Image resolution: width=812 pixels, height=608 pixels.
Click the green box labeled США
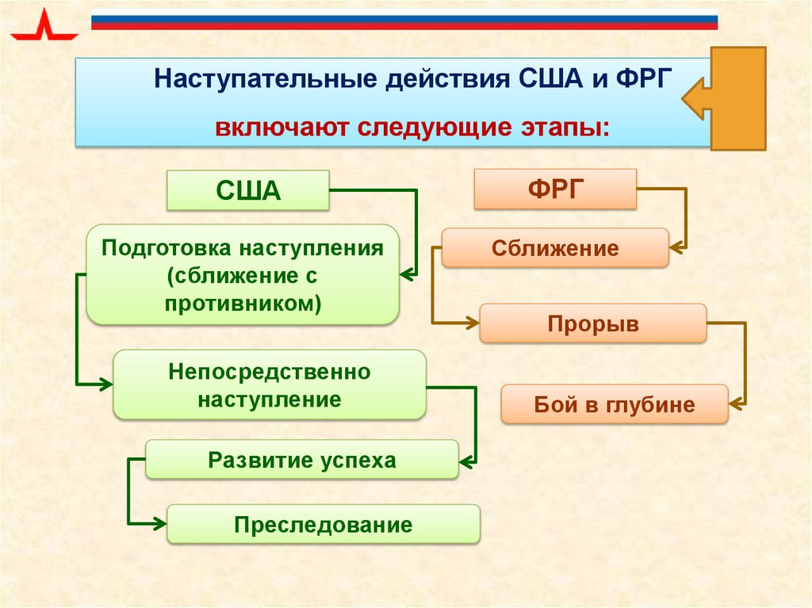(248, 190)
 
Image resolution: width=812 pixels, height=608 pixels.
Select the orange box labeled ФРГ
(555, 189)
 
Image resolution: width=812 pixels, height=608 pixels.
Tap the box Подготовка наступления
(243, 274)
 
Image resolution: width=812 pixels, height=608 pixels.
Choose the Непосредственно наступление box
(270, 384)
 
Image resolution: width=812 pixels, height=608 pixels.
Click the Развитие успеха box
(301, 460)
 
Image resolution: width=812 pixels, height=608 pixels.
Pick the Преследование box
(323, 524)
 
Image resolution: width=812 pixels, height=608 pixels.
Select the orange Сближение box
(554, 248)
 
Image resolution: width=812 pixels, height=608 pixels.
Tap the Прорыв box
(592, 323)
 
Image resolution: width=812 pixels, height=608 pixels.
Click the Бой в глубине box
(614, 404)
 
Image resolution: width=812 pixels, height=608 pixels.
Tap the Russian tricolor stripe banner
(404, 20)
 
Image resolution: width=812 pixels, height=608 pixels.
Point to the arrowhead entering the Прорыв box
(473, 323)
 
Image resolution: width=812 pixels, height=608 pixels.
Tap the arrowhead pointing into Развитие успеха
(467, 460)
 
